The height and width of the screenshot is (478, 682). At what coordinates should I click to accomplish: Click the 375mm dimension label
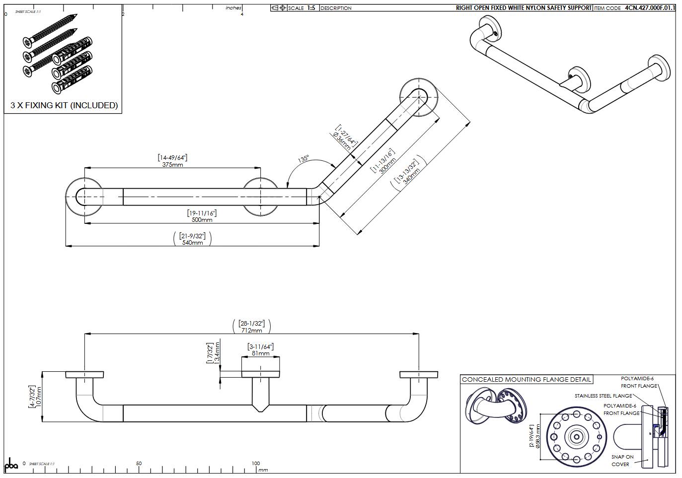coord(172,164)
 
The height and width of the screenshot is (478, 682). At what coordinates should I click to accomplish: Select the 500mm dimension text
coord(201,220)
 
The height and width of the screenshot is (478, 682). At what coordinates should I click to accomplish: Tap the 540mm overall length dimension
coord(192,243)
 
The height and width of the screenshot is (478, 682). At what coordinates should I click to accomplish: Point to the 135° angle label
coord(303,159)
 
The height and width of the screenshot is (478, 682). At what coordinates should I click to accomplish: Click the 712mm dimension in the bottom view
coord(251,331)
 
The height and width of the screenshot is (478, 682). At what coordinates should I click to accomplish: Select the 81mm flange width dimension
coord(260,353)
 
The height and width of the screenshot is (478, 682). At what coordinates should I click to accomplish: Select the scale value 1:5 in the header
coord(311,8)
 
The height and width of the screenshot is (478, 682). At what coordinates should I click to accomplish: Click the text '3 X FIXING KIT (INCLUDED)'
coord(64,105)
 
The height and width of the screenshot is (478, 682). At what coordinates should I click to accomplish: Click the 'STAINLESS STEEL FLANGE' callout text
coord(603,396)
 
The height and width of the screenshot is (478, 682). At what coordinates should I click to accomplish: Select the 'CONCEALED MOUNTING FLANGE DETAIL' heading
coord(526,379)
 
